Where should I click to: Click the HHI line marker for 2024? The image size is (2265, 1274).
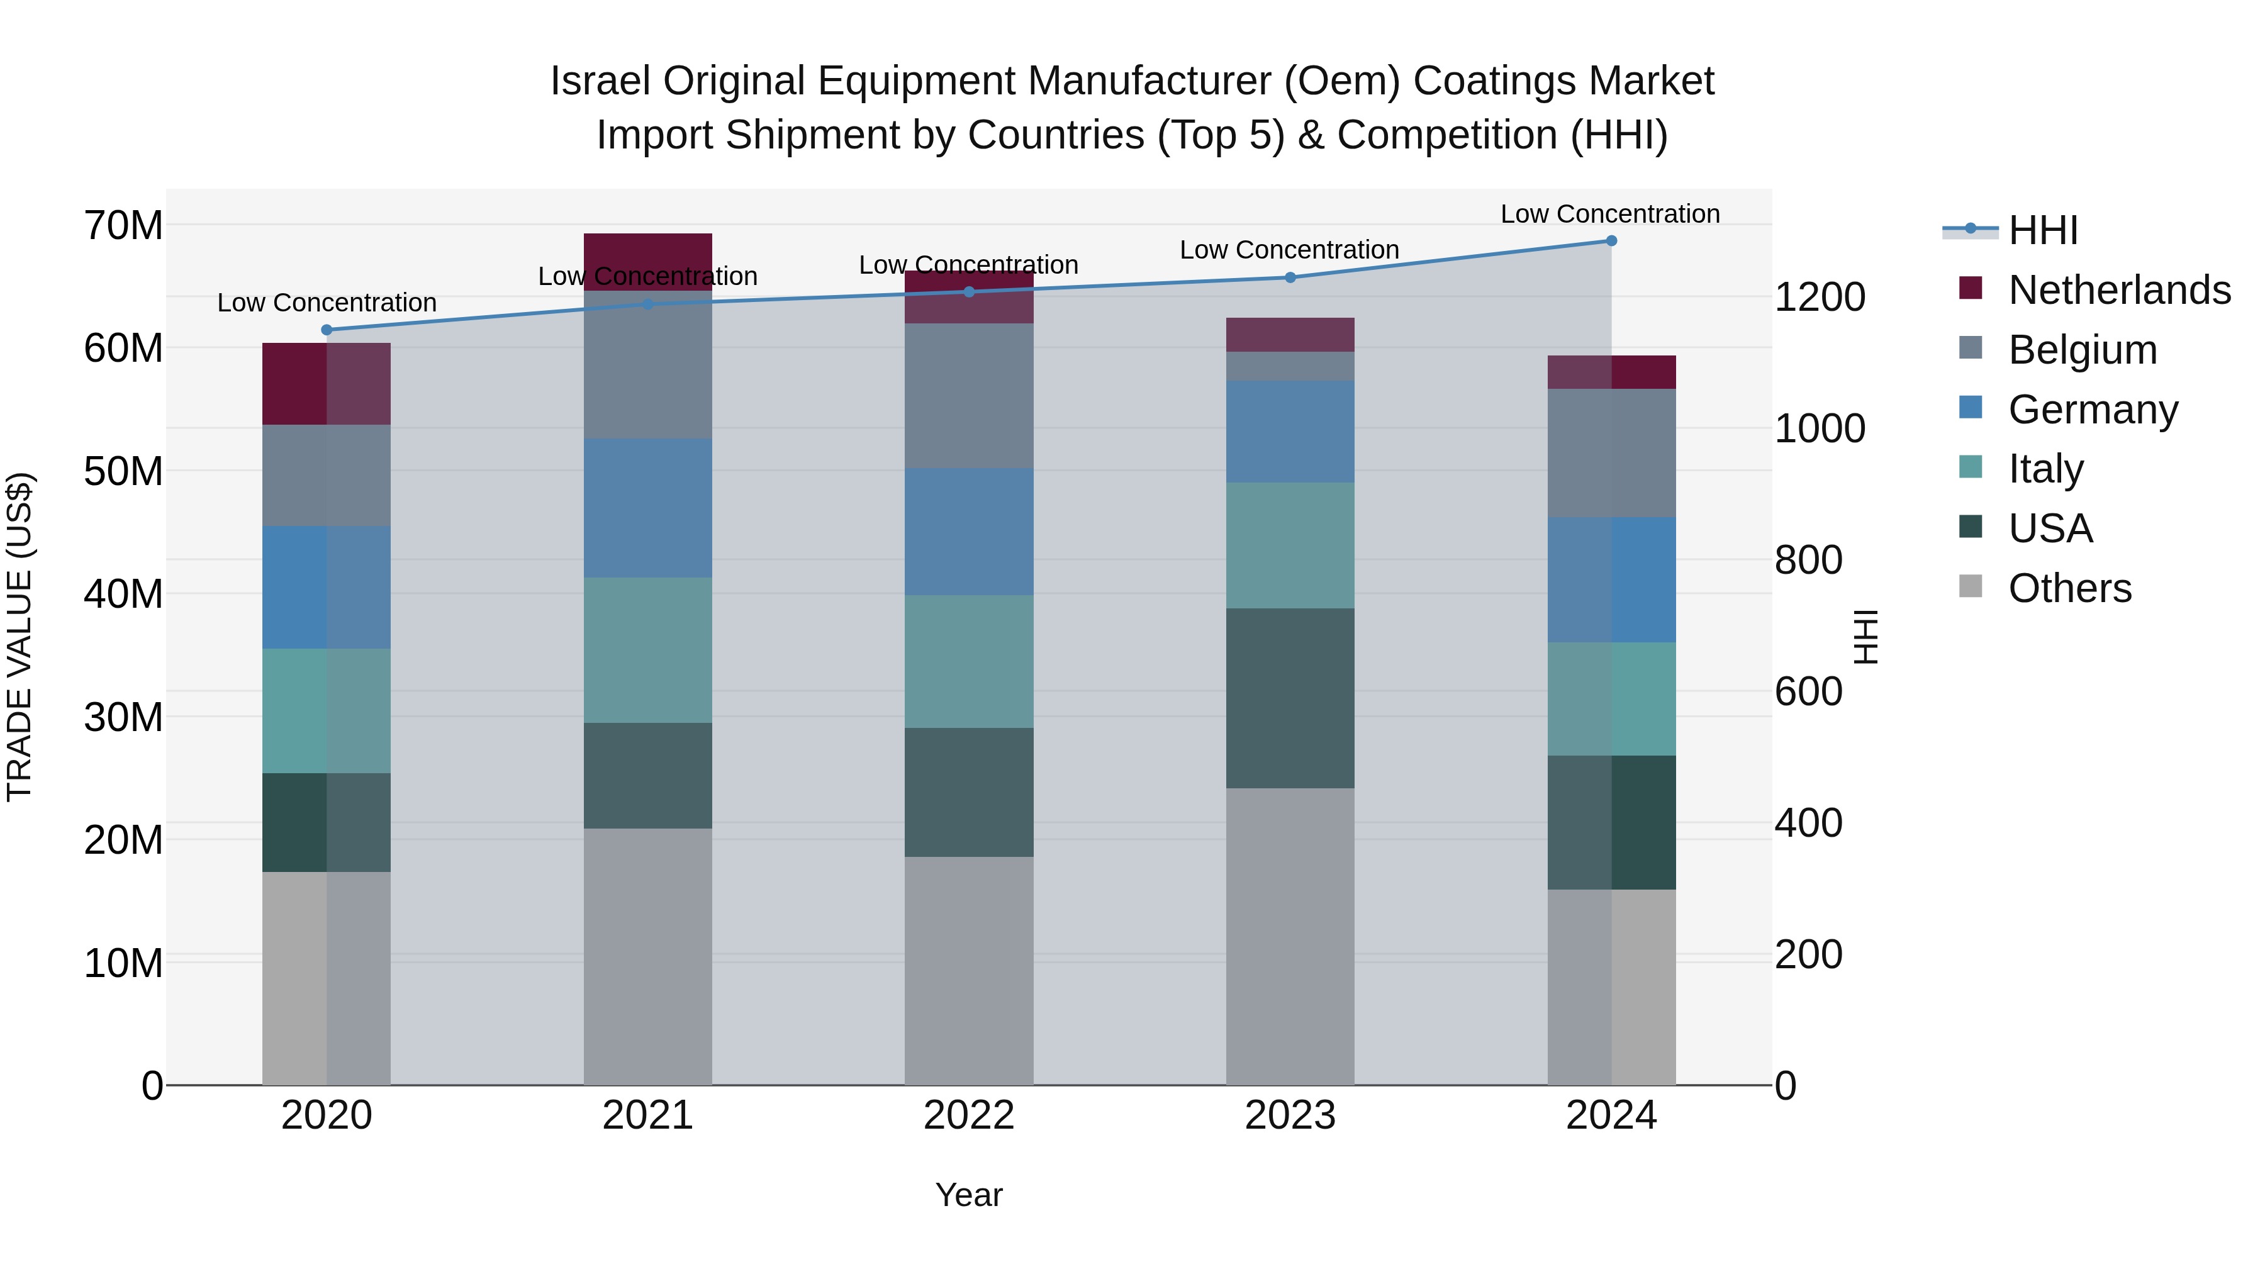(x=1611, y=241)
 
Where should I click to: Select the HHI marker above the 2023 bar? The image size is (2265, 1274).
(x=1290, y=278)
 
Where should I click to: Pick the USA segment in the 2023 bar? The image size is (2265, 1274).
(x=1290, y=698)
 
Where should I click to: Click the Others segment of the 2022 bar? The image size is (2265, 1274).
(x=969, y=971)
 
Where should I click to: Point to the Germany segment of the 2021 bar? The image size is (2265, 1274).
(x=647, y=508)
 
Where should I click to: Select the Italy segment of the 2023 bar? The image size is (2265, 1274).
(x=1290, y=545)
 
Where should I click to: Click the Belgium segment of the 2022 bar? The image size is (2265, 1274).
(x=969, y=396)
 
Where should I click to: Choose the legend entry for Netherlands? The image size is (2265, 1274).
(x=2118, y=290)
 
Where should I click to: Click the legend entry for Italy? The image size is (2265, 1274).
(x=2045, y=469)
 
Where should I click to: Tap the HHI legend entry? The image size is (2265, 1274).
(x=2042, y=230)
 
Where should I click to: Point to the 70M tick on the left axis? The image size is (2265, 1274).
(x=123, y=226)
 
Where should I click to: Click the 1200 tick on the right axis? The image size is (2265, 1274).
(x=1819, y=297)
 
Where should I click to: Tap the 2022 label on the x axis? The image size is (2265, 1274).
(x=969, y=1115)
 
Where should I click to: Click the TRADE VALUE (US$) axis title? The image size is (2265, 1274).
(x=20, y=637)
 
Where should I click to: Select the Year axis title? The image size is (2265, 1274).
(x=969, y=1195)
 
